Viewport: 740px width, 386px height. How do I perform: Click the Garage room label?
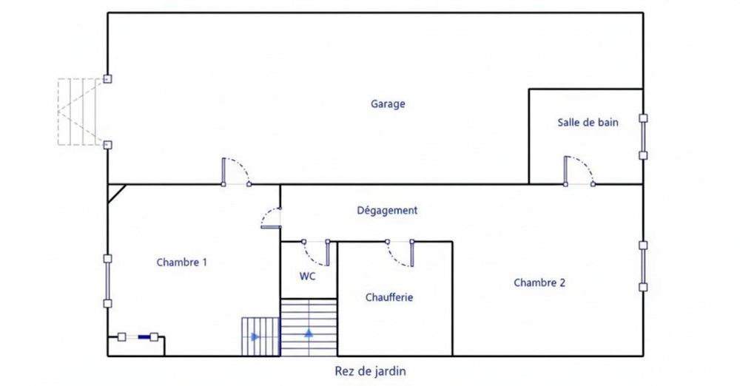388,104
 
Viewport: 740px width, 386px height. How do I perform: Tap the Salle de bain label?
588,123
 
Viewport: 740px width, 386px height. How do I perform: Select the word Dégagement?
387,211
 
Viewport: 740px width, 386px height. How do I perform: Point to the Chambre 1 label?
182,262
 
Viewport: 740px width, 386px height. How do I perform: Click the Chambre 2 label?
539,282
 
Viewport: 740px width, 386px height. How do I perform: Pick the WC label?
308,277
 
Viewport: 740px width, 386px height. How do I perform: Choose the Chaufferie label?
389,298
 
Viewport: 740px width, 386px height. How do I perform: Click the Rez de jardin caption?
371,371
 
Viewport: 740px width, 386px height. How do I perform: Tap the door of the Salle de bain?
578,172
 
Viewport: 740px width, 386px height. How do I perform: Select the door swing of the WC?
316,253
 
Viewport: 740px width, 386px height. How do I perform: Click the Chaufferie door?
400,253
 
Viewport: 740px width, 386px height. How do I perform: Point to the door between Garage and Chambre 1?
235,172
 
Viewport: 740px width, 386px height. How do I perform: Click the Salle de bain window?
643,137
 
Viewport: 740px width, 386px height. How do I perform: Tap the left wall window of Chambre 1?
108,281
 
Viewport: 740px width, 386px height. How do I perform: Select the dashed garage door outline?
78,112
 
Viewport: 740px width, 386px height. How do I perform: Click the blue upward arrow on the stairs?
309,333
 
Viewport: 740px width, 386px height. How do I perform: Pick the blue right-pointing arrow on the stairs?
255,337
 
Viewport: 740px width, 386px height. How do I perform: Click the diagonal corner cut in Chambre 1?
116,192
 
